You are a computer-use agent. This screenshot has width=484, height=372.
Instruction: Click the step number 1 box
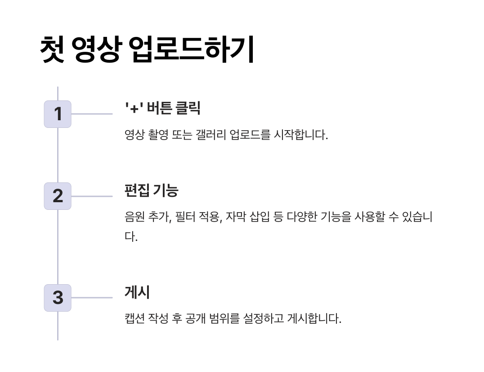coord(58,114)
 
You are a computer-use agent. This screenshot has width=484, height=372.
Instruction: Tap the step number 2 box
coord(58,196)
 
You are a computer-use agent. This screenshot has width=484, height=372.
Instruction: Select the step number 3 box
coord(58,298)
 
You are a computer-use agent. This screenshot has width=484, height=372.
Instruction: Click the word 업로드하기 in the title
coord(192,50)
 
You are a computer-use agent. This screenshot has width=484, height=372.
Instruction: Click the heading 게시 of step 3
coord(137,292)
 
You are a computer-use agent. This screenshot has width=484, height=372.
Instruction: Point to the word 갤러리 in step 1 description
coord(211,135)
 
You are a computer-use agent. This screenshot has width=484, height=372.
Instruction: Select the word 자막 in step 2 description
coord(234,217)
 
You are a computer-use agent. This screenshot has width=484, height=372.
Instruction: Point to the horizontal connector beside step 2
coord(92,196)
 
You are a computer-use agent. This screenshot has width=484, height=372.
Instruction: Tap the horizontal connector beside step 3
coord(92,298)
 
